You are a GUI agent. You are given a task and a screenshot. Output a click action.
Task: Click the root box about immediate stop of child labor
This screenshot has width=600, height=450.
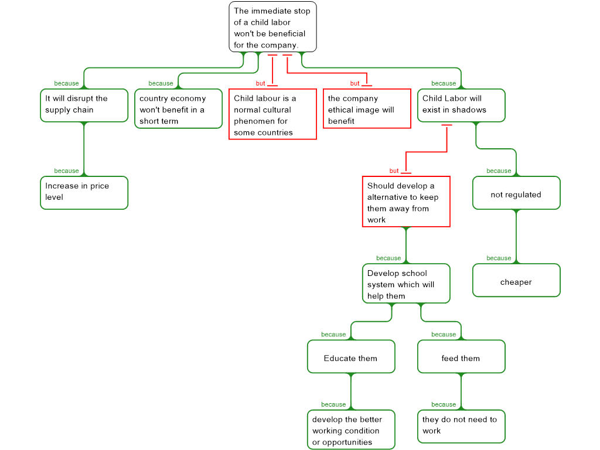pyautogui.click(x=272, y=27)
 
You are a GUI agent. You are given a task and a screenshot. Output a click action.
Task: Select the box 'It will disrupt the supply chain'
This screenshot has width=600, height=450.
pyautogui.click(x=84, y=105)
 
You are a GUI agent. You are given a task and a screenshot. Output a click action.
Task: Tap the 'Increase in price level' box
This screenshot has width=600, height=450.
pyautogui.click(x=84, y=193)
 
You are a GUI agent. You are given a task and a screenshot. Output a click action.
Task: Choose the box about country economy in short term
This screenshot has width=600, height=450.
pyautogui.click(x=178, y=108)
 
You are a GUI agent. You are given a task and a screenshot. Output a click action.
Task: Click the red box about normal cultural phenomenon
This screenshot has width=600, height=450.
pyautogui.click(x=272, y=114)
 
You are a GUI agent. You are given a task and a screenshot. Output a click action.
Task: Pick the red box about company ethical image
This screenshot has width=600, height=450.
pyautogui.click(x=367, y=108)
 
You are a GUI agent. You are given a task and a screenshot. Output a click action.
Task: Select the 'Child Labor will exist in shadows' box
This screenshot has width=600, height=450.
pyautogui.click(x=461, y=105)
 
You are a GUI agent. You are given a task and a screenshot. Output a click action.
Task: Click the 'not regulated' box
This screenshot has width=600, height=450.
pyautogui.click(x=516, y=193)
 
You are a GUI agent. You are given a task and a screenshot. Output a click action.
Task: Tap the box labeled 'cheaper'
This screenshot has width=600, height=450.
pyautogui.click(x=516, y=280)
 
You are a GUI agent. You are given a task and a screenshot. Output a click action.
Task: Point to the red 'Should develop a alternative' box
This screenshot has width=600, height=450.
pyautogui.click(x=406, y=202)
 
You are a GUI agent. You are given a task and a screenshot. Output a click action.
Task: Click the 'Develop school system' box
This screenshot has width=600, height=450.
pyautogui.click(x=406, y=284)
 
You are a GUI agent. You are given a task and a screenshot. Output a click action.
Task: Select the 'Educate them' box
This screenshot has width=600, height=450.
pyautogui.click(x=351, y=357)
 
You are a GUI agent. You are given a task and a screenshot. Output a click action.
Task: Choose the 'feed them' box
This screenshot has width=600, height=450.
pyautogui.click(x=461, y=357)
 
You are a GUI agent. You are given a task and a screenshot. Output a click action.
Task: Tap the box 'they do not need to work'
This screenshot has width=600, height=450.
pyautogui.click(x=461, y=427)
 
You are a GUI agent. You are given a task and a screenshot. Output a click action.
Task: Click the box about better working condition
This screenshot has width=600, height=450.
pyautogui.click(x=351, y=429)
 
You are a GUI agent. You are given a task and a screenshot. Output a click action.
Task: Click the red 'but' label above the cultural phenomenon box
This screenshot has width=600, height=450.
pyautogui.click(x=260, y=83)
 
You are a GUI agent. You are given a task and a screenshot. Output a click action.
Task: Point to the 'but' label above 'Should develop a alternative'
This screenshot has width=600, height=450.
pyautogui.click(x=394, y=171)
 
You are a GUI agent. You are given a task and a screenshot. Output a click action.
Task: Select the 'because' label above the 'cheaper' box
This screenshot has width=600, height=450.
pyautogui.click(x=499, y=258)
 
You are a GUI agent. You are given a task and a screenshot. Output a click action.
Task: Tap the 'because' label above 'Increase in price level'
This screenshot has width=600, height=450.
pyautogui.click(x=66, y=171)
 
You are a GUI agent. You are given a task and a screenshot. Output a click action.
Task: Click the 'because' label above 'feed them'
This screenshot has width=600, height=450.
pyautogui.click(x=444, y=335)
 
